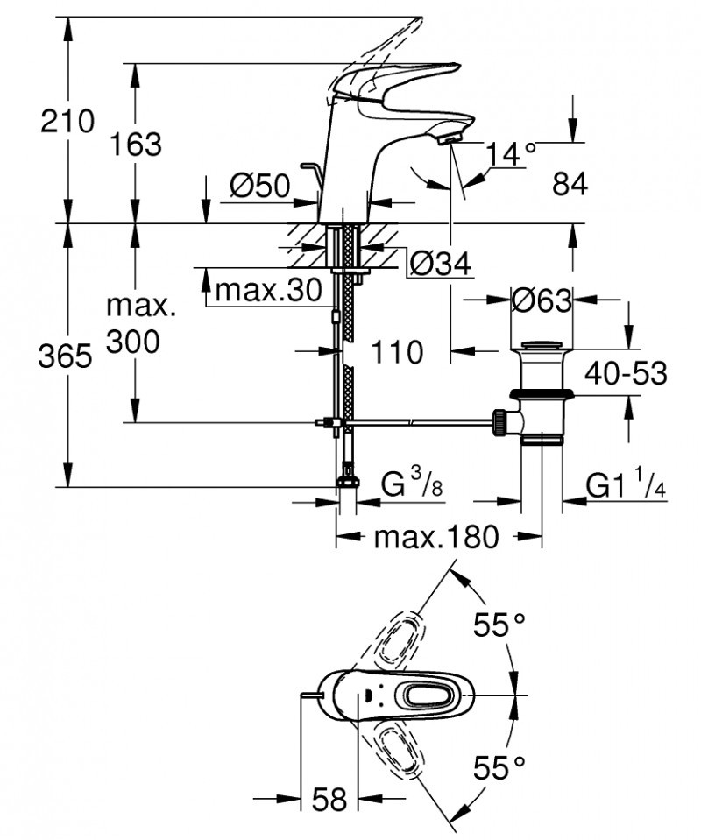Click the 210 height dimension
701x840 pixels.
pos(67,121)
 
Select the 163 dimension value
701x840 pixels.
pos(137,144)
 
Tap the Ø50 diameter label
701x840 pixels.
pos(260,186)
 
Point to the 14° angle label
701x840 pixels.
pos(511,154)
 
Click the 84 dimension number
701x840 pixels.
pos(570,184)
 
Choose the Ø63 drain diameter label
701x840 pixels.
pos(541,300)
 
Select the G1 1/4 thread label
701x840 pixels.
pos(626,484)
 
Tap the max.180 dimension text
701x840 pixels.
pos(435,536)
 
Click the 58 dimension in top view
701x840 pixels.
pos(329,799)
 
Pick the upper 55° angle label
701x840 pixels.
pos(499,625)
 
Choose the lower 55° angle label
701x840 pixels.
pos(499,768)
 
